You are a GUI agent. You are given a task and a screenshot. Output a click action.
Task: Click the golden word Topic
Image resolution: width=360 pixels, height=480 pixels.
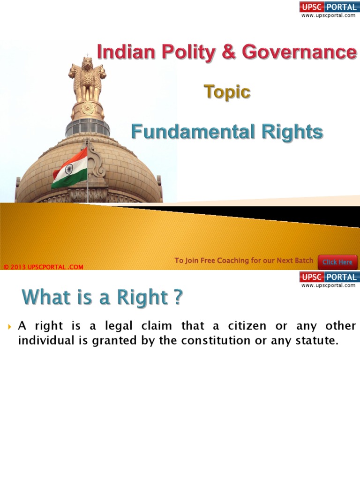(x=227, y=92)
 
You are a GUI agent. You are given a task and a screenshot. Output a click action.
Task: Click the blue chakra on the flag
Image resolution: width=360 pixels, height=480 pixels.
(x=69, y=169)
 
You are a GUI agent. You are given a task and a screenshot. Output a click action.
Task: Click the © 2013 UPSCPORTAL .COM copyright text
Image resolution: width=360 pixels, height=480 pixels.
(x=43, y=267)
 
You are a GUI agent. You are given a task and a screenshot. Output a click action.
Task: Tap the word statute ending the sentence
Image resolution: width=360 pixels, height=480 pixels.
(x=319, y=341)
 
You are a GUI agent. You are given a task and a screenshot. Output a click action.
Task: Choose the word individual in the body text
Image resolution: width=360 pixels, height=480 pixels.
(x=41, y=341)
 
